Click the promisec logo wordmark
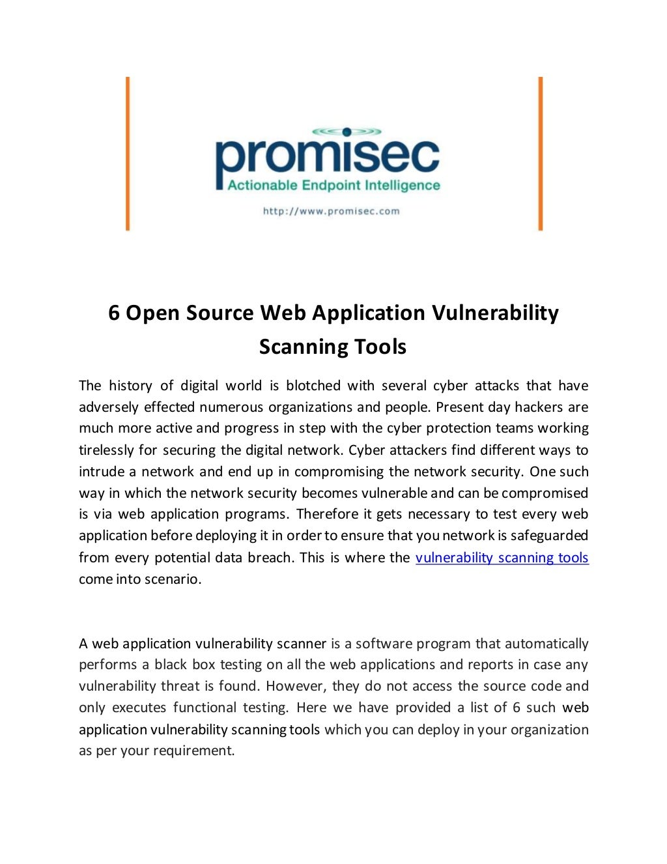point(327,158)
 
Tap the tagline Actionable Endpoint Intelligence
point(333,186)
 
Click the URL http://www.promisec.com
point(331,211)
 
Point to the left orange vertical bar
point(128,154)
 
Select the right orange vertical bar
point(540,154)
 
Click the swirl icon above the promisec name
point(347,132)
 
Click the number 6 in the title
point(114,313)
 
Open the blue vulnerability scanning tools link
point(502,558)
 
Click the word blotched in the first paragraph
point(313,386)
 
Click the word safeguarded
point(549,536)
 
